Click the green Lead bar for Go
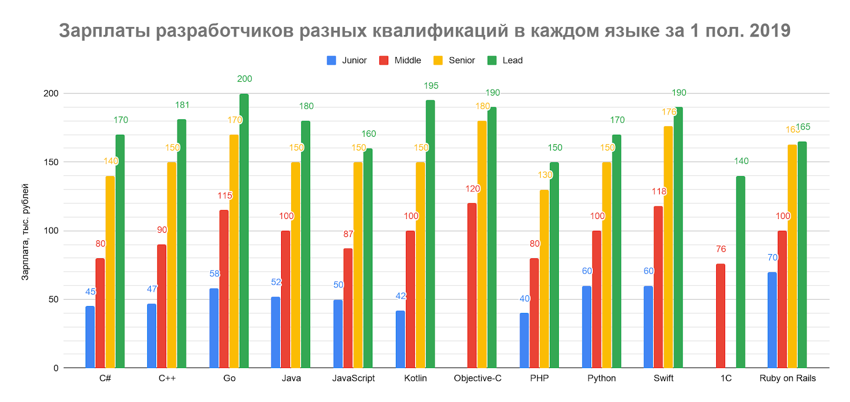pos(244,231)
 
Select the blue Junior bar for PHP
pos(524,340)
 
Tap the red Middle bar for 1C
pos(720,316)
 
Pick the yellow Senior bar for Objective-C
pos(482,244)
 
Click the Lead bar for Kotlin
pos(430,233)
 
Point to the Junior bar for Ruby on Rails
pos(772,320)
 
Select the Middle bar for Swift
pos(658,286)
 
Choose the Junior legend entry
pos(347,60)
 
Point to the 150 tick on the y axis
pos(51,162)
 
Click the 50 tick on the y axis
pos(53,299)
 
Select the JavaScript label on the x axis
pos(353,378)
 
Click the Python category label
pos(601,378)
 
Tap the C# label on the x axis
pos(105,378)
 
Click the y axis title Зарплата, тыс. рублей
pos(25,232)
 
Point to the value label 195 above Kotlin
pos(431,86)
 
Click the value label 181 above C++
pos(182,105)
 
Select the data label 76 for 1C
pos(720,249)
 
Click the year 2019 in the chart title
pos(770,31)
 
